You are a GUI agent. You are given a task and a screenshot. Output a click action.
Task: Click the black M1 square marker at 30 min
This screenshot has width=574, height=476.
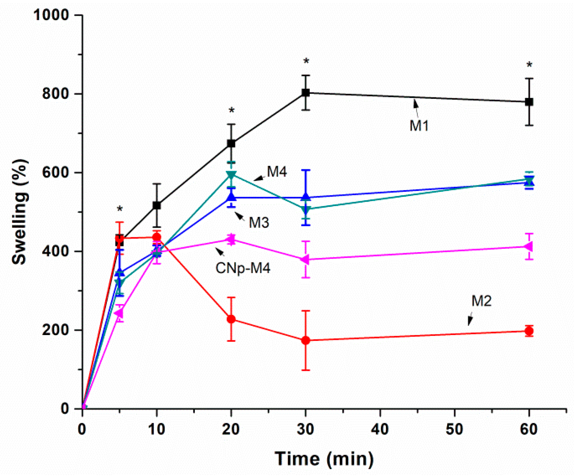tap(305, 92)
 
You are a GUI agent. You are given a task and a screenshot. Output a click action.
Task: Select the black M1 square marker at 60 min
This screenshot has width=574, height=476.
tap(529, 102)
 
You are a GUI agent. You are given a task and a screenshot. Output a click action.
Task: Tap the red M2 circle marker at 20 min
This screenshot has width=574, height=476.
tap(231, 319)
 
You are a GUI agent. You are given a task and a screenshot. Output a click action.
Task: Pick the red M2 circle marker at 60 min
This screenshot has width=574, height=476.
tap(529, 331)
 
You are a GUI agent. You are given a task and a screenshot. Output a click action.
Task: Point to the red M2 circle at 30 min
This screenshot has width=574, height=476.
tap(305, 340)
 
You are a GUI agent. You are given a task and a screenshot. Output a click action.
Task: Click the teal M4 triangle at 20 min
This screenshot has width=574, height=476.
tap(231, 175)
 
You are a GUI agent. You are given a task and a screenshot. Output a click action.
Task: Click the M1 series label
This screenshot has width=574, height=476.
tap(419, 126)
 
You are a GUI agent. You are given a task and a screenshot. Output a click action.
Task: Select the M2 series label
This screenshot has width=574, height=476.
tap(481, 301)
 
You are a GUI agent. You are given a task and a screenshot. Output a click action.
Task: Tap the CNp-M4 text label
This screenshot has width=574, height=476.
tap(243, 268)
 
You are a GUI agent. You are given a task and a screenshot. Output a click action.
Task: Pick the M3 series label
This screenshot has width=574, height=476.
tap(259, 222)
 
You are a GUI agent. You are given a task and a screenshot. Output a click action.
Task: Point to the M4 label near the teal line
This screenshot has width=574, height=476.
tap(277, 172)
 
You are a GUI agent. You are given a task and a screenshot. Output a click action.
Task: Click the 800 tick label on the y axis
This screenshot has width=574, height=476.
tap(55, 93)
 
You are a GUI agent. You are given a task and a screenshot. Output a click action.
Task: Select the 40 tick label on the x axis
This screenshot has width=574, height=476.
tap(380, 429)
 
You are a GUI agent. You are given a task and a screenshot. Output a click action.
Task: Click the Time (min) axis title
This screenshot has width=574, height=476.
tap(324, 459)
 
